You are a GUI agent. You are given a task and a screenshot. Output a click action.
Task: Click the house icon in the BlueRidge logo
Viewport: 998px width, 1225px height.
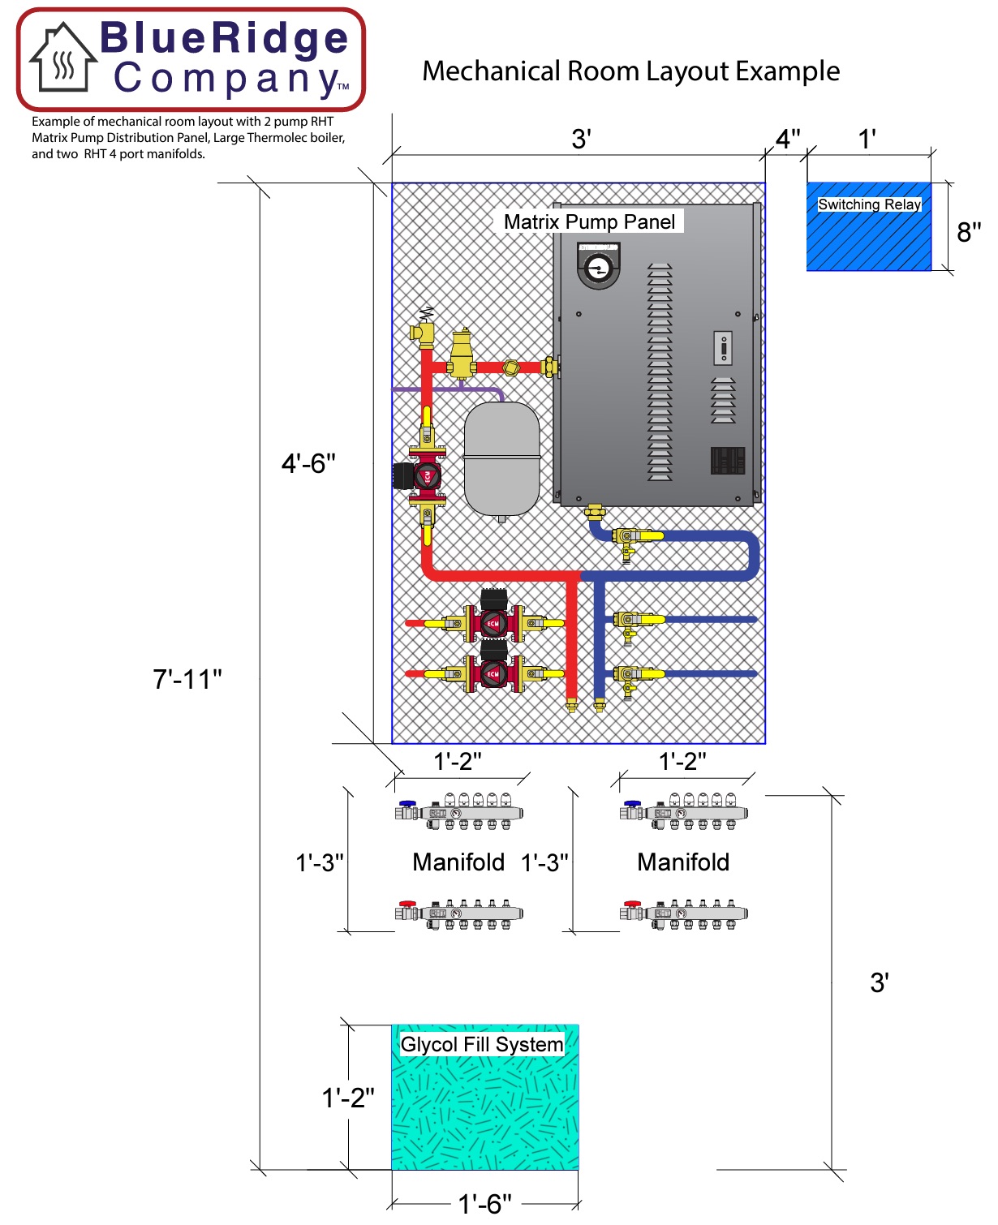pyautogui.click(x=63, y=58)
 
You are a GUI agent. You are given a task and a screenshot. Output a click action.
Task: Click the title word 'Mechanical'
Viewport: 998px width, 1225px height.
pyautogui.click(x=491, y=71)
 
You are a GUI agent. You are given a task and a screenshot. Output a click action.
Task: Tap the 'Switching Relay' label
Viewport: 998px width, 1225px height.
pyautogui.click(x=869, y=204)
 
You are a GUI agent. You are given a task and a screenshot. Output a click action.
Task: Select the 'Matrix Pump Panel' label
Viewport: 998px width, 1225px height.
pyautogui.click(x=589, y=221)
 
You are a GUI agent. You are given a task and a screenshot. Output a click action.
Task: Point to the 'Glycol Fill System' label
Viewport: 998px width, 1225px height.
pyautogui.click(x=481, y=1044)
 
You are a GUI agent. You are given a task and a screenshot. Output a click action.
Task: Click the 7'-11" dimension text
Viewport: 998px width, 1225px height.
pyautogui.click(x=187, y=679)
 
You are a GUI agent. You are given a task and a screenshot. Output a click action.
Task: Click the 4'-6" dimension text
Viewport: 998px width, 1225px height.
pyautogui.click(x=308, y=463)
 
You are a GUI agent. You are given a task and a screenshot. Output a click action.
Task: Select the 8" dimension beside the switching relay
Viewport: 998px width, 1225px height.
pyautogui.click(x=969, y=232)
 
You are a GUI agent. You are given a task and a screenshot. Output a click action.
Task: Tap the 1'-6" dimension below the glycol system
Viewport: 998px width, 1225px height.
pyautogui.click(x=484, y=1204)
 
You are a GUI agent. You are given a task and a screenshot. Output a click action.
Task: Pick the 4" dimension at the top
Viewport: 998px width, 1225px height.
pyautogui.click(x=788, y=139)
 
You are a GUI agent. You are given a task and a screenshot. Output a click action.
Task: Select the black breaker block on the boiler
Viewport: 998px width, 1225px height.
pyautogui.click(x=728, y=460)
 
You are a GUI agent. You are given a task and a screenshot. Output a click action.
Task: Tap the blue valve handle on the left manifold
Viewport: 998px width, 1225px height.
pyautogui.click(x=408, y=803)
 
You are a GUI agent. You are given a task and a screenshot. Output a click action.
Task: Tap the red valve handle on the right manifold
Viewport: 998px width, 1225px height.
pyautogui.click(x=632, y=904)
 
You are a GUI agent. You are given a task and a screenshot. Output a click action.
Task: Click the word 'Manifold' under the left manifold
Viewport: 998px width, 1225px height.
pyautogui.click(x=458, y=862)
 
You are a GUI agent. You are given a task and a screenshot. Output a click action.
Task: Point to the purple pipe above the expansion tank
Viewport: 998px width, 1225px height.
pyautogui.click(x=448, y=390)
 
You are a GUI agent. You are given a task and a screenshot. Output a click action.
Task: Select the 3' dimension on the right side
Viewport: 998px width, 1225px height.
pyautogui.click(x=880, y=982)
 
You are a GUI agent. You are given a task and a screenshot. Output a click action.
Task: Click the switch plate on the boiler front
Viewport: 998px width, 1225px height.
pyautogui.click(x=723, y=348)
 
